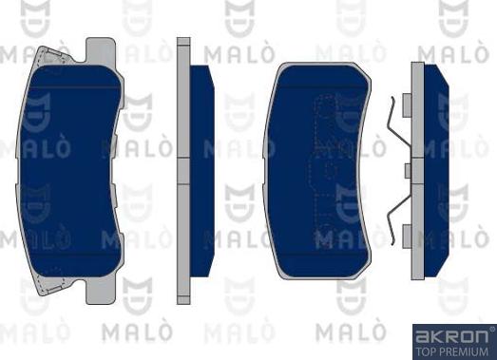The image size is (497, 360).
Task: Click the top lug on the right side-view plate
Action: coord(407,104)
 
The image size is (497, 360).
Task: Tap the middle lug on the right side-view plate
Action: coord(407,170)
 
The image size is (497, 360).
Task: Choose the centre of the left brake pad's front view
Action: coord(71,171)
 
